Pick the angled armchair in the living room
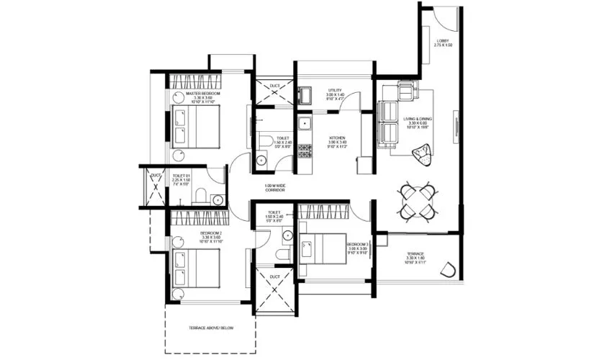click(x=420, y=153)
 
